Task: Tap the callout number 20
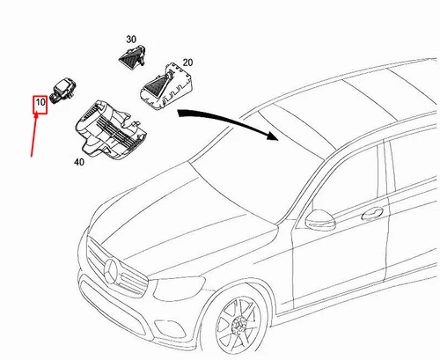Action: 187,64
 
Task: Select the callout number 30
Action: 131,40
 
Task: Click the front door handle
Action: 374,213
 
